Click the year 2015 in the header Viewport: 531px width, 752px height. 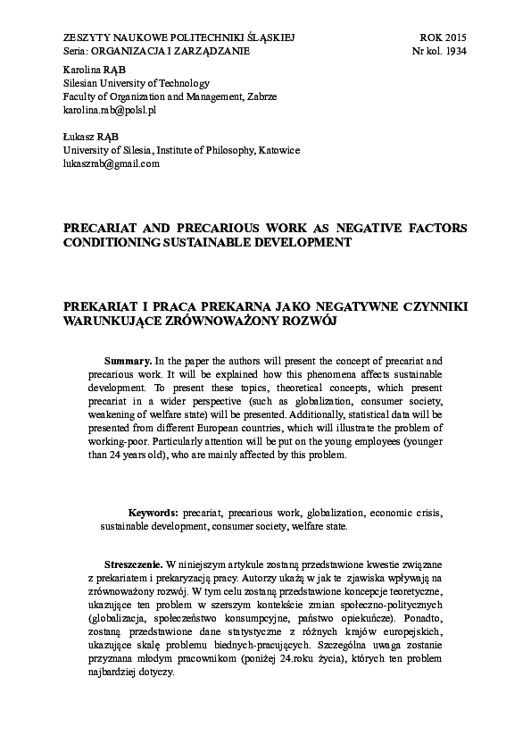[454, 38]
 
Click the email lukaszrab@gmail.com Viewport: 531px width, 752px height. [111, 164]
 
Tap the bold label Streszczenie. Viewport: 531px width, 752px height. [133, 565]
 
